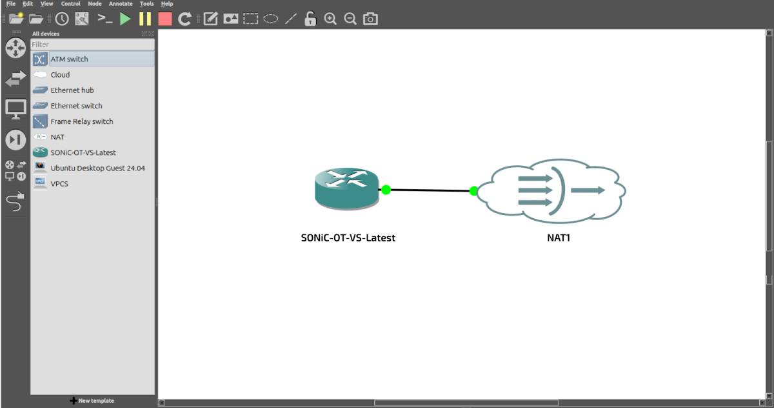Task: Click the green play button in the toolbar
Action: (125, 19)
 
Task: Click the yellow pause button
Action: (145, 19)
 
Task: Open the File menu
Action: (11, 4)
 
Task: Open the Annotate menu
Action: (121, 4)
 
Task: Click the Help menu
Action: (167, 4)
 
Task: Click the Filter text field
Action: (93, 45)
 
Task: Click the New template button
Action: (92, 401)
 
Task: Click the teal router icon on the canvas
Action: (346, 189)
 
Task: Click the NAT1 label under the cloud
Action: (559, 238)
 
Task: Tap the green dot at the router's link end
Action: (386, 190)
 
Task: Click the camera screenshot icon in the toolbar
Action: (370, 19)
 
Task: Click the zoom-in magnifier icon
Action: (330, 19)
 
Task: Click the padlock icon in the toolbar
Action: (310, 19)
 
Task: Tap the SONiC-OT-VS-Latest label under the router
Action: (348, 238)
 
